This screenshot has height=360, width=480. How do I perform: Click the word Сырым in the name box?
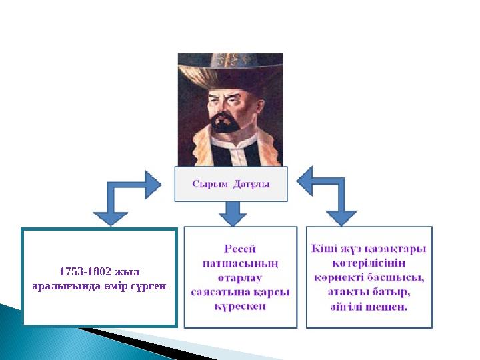[x=209, y=184]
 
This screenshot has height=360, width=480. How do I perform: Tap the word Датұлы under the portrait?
[x=251, y=184]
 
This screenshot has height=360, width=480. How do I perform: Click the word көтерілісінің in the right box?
[x=369, y=263]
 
